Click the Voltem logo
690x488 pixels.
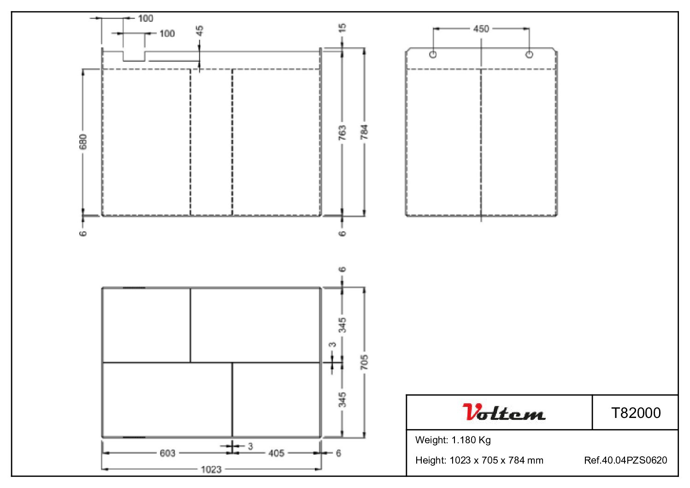(504, 412)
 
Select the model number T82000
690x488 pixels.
(636, 413)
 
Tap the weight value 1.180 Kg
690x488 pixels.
(471, 440)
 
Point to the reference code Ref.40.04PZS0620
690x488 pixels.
(625, 460)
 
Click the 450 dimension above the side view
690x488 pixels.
(481, 29)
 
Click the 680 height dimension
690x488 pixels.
(83, 141)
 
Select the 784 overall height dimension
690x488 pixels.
(364, 132)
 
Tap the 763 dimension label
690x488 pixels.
(342, 133)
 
